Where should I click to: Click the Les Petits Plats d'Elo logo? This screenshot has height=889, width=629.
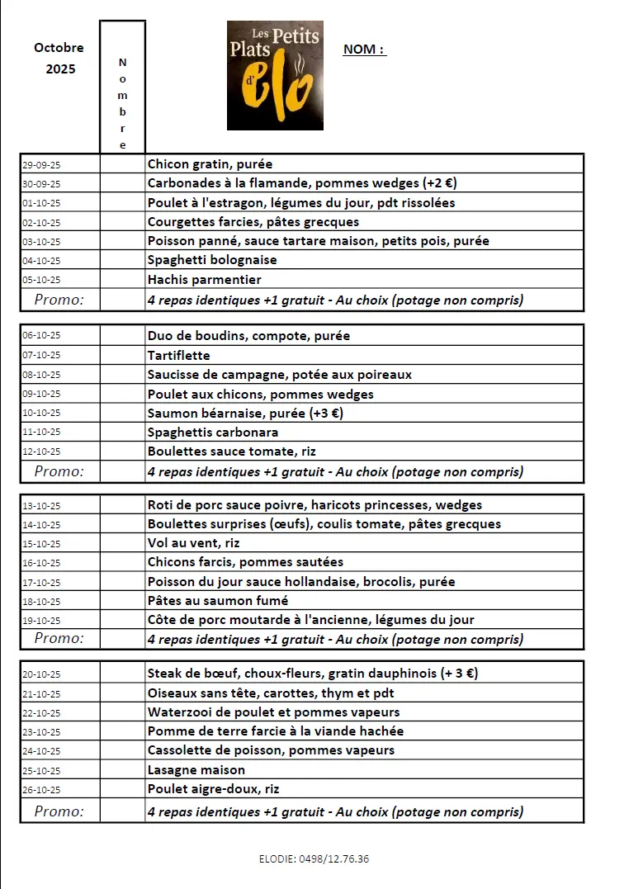[x=275, y=75]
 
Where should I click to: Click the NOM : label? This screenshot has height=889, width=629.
[x=364, y=50]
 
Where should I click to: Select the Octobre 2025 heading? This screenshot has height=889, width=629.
[x=59, y=58]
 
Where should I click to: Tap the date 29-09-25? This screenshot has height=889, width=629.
[x=41, y=165]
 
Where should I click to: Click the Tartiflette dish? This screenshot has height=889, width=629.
[x=178, y=356]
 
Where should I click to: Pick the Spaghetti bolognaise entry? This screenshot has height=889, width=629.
[x=212, y=260]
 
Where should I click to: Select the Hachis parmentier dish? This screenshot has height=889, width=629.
[x=204, y=279]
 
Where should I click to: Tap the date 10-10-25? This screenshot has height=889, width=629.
[x=41, y=414]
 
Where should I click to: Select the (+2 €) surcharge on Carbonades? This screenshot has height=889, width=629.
[x=440, y=183]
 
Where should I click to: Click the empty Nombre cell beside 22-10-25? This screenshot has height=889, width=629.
[x=122, y=712]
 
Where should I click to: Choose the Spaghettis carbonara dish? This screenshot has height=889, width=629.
[x=212, y=433]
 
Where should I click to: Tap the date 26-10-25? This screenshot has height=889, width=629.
[x=41, y=790]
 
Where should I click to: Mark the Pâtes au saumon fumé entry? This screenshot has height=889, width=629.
[x=218, y=601]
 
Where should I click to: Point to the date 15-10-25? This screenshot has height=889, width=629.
[x=41, y=544]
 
